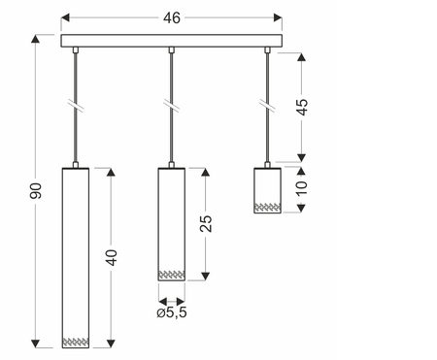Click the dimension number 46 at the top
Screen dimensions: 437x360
tap(172, 18)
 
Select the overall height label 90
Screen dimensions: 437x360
tap(36, 191)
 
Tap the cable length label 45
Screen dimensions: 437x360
tap(302, 107)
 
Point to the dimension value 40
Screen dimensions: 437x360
tap(112, 257)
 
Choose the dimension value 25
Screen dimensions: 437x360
tap(206, 223)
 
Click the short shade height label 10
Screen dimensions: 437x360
tap(301, 188)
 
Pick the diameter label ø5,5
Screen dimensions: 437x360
tap(172, 312)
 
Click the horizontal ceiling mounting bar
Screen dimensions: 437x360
tap(172, 41)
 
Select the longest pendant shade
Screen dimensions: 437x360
tap(76, 258)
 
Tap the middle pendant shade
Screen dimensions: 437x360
tap(172, 224)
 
